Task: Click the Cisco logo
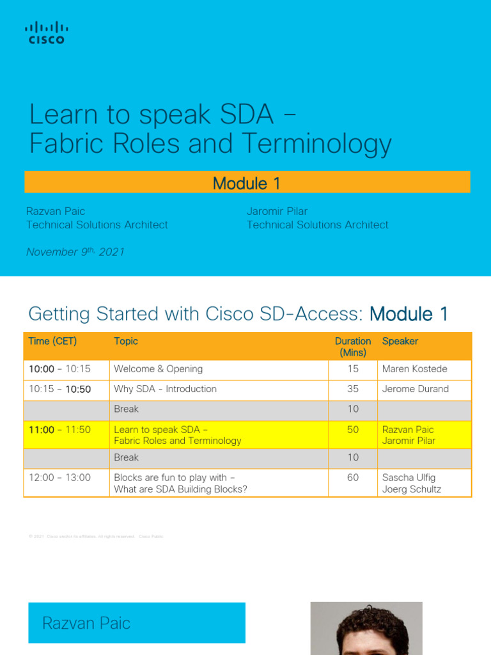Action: (46, 33)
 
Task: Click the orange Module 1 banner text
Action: (247, 184)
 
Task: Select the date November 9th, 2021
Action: (75, 252)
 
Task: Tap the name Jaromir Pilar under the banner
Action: (277, 211)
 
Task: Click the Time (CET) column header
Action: (52, 342)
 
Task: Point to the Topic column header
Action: (126, 342)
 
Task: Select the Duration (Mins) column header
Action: (352, 347)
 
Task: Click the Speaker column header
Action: (400, 342)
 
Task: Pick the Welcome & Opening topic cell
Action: (158, 369)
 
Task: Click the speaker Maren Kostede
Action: (414, 369)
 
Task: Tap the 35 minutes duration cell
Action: (353, 389)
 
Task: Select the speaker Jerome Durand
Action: (415, 389)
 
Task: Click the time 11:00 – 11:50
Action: (59, 430)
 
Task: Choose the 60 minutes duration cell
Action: (353, 478)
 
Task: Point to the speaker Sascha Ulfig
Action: (409, 478)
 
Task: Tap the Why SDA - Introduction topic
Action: (165, 389)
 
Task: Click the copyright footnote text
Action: (96, 537)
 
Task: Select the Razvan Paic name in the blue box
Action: (86, 623)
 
